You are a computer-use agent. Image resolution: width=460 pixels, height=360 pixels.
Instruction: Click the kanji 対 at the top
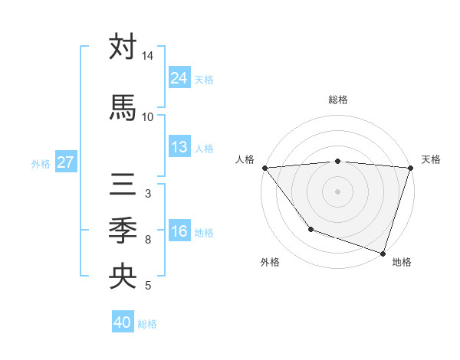click(x=123, y=47)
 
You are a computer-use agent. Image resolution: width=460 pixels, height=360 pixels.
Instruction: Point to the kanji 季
click(x=123, y=230)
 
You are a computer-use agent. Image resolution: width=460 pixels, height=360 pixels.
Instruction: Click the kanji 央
click(x=123, y=277)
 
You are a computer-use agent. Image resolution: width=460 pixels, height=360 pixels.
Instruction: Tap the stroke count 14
click(x=148, y=56)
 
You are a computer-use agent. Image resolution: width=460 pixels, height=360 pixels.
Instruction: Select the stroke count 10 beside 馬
click(x=148, y=116)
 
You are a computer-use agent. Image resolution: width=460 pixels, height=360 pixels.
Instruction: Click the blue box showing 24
click(x=179, y=78)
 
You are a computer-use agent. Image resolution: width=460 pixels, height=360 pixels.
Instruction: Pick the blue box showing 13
click(x=179, y=147)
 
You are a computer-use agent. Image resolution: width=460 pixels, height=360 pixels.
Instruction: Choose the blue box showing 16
click(x=179, y=231)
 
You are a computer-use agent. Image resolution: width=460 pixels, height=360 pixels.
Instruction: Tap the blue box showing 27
click(x=65, y=162)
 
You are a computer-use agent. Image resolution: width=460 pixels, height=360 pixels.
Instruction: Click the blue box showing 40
click(x=123, y=322)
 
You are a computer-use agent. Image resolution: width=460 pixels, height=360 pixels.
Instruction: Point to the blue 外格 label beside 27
click(x=41, y=163)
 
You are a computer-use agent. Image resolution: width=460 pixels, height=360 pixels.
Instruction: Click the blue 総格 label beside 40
click(x=148, y=324)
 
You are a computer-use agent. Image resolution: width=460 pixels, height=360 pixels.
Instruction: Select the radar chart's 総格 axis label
click(x=337, y=100)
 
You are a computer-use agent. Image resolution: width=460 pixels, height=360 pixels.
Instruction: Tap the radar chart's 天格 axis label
click(x=431, y=159)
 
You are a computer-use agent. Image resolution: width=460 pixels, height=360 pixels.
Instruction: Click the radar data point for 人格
click(x=264, y=167)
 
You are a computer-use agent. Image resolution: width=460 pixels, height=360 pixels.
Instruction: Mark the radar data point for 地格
click(x=383, y=253)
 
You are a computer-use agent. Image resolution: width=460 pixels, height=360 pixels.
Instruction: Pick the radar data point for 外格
click(x=310, y=228)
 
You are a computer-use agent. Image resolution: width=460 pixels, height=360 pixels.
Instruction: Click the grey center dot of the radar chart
click(x=337, y=191)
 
